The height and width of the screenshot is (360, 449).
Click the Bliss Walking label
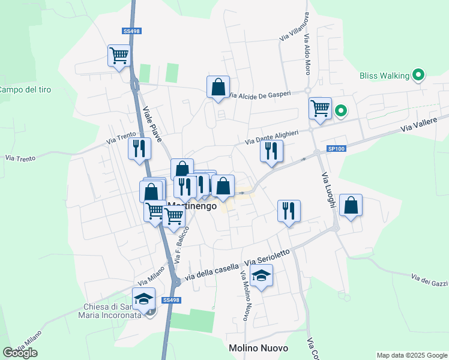(384, 76)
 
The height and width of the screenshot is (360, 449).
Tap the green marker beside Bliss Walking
(418, 76)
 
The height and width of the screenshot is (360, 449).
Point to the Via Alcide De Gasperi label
(260, 95)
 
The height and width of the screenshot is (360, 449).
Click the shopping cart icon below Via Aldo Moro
(320, 109)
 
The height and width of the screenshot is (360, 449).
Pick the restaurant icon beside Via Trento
(139, 148)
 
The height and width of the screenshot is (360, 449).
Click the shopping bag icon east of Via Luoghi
(351, 205)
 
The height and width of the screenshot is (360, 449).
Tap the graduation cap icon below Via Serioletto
(261, 276)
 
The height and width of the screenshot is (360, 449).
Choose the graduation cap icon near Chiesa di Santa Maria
(144, 299)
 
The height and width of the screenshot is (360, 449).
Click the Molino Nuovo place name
(258, 348)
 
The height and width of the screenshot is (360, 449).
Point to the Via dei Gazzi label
(429, 279)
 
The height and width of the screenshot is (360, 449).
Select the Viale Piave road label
(152, 124)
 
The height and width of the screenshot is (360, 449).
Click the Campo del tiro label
(25, 89)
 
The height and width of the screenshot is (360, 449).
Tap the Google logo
(20, 353)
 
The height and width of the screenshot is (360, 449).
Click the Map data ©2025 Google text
(411, 355)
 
